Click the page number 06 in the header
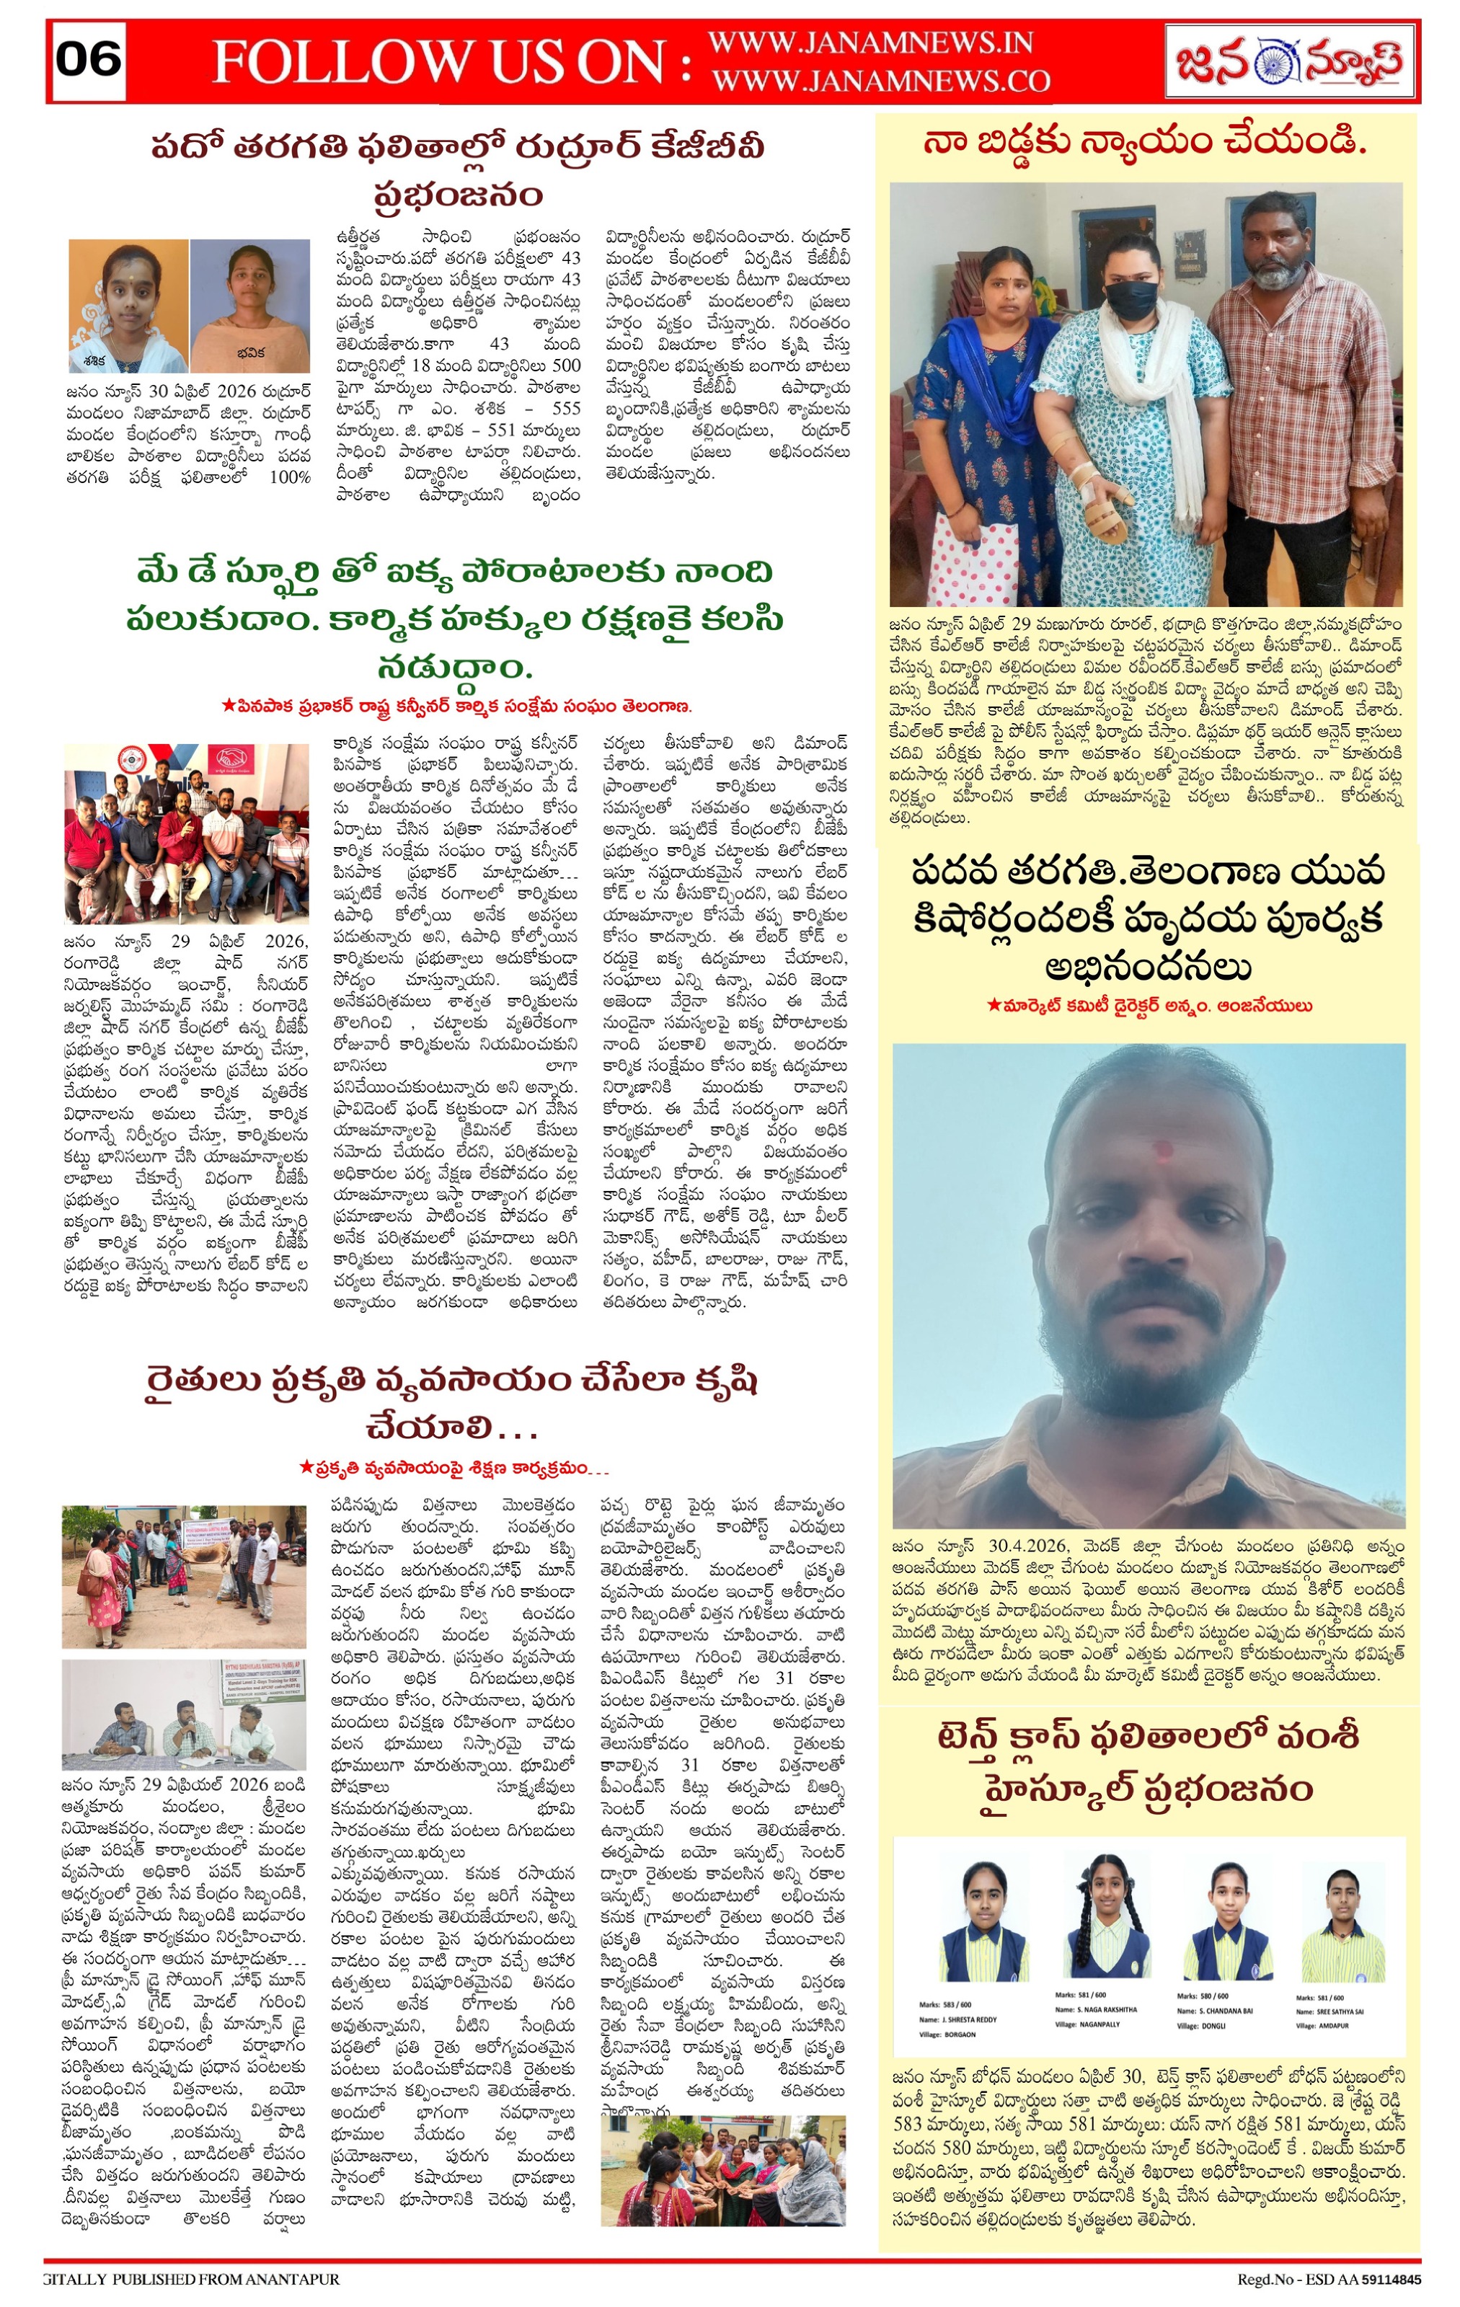click(88, 59)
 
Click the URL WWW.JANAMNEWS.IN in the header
click(870, 43)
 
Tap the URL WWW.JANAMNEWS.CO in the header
click(880, 81)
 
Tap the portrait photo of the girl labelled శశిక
click(129, 305)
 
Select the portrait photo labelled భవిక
click(250, 305)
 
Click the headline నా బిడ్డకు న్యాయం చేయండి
click(1145, 143)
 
